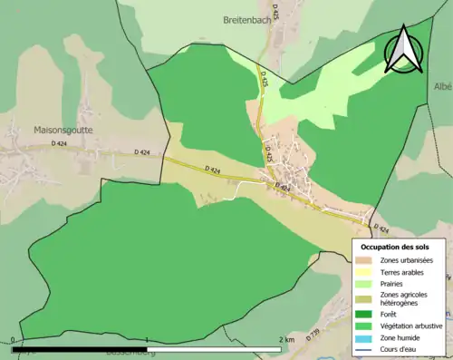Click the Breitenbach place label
247,18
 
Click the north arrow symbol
403,49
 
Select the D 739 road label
313,336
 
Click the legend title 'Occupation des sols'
396,247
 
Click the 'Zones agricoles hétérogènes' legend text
404,299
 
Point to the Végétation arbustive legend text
412,326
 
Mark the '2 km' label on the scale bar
286,339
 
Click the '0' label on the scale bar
14,340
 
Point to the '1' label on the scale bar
147,340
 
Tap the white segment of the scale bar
214,349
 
